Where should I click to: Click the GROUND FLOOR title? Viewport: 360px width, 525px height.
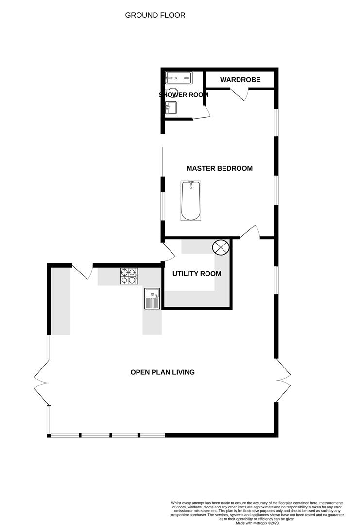[155, 15]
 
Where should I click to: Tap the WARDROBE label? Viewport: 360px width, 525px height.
[240, 80]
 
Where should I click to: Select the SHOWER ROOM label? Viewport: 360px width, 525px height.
[184, 95]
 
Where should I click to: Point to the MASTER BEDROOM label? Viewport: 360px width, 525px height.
[219, 169]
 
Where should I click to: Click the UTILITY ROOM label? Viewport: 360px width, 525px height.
[197, 274]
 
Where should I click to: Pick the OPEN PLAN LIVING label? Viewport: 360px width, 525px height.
[162, 372]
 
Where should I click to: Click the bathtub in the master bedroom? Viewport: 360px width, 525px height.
[190, 201]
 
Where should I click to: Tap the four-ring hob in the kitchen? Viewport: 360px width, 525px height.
[129, 276]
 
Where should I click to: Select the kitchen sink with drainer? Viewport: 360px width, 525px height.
[152, 298]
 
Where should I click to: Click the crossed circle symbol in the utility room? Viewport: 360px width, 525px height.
[221, 247]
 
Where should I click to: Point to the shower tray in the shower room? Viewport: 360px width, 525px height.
[179, 78]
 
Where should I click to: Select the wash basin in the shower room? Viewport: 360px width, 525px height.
[171, 107]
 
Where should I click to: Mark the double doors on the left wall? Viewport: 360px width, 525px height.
[41, 382]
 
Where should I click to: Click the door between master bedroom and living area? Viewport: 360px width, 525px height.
[250, 232]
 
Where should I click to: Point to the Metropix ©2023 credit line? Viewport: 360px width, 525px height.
[257, 523]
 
